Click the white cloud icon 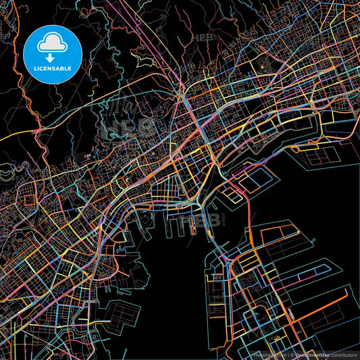click(x=51, y=44)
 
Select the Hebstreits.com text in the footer click(x=269, y=355)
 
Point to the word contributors click(x=344, y=355)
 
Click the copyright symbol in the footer click(x=290, y=355)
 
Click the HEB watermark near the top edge click(x=205, y=38)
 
